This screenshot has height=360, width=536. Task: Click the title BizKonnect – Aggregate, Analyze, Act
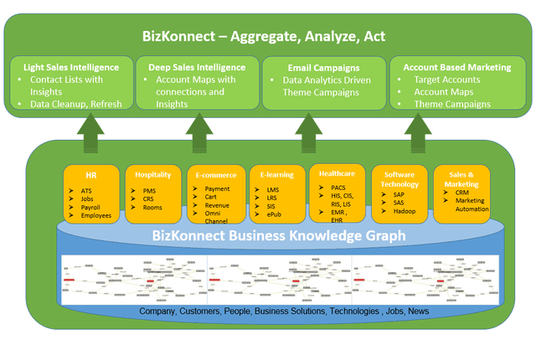click(x=268, y=37)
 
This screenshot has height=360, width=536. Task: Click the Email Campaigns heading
click(x=312, y=66)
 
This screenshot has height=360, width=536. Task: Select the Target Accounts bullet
click(x=448, y=80)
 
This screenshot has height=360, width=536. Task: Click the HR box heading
click(x=90, y=176)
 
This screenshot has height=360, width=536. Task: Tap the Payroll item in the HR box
click(x=93, y=207)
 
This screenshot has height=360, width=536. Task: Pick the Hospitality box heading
click(x=153, y=175)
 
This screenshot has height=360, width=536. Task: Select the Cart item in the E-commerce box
click(x=214, y=198)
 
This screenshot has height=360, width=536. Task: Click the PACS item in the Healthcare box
click(x=339, y=187)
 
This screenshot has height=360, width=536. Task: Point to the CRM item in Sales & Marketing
click(x=463, y=192)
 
